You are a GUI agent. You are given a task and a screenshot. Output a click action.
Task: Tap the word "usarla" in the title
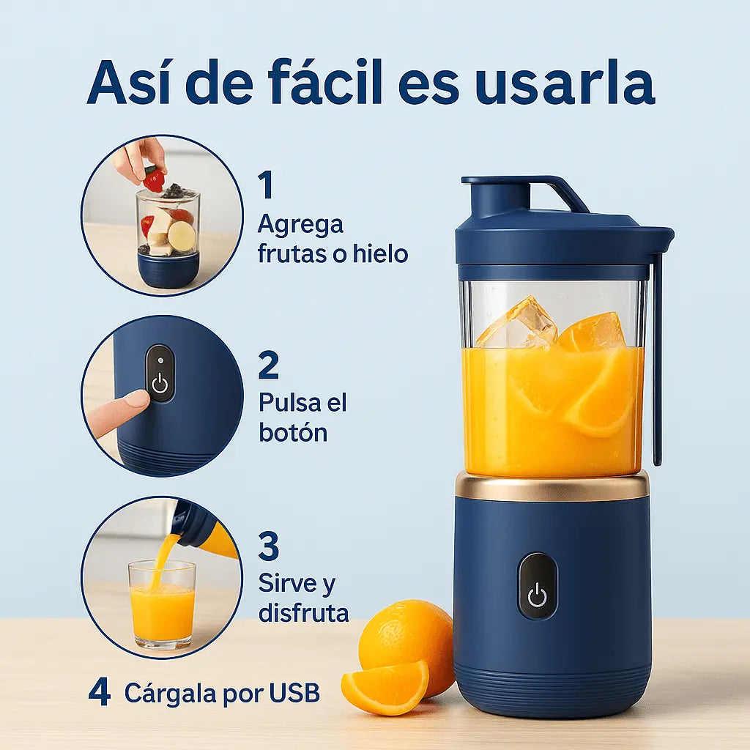click(565, 82)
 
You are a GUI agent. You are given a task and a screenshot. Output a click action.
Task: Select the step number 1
click(266, 185)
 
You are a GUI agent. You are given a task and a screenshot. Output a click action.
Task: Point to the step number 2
click(268, 365)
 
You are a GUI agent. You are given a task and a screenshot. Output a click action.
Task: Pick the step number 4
click(100, 693)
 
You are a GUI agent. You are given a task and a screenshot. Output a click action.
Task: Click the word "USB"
click(294, 692)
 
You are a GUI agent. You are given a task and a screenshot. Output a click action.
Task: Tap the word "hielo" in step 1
click(381, 253)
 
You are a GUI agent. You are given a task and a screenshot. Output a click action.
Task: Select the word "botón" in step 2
click(293, 432)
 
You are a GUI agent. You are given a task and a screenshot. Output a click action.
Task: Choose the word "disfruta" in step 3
click(304, 612)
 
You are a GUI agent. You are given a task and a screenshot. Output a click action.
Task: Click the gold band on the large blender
click(552, 487)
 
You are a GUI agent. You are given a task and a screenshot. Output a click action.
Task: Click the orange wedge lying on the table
click(385, 687)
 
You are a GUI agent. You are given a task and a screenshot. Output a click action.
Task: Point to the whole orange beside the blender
click(406, 641)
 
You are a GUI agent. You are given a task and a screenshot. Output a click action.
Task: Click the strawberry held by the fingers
click(154, 181)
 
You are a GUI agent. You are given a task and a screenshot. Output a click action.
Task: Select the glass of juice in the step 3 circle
click(162, 604)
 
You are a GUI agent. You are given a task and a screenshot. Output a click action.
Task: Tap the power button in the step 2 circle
click(160, 373)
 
